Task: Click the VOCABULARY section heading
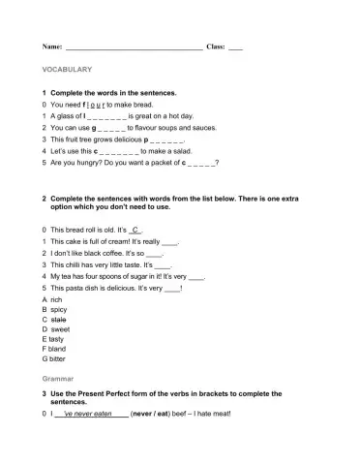pos(67,70)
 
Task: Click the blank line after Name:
pos(133,46)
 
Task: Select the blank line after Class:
pos(235,46)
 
